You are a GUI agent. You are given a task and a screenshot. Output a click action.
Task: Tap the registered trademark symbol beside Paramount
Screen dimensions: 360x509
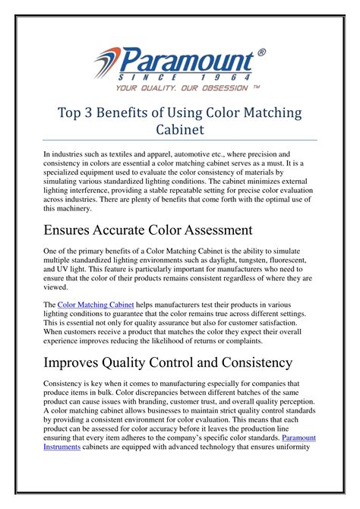[x=262, y=52]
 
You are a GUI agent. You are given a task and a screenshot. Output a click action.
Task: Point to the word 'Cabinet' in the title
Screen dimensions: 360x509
[x=180, y=130]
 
